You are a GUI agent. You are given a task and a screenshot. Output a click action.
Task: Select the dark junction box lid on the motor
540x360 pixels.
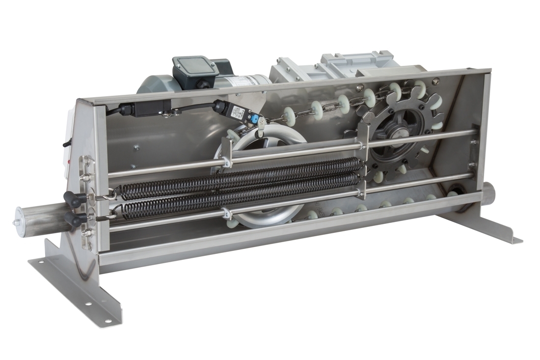195,66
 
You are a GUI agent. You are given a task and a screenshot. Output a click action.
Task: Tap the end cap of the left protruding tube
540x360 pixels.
19,222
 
